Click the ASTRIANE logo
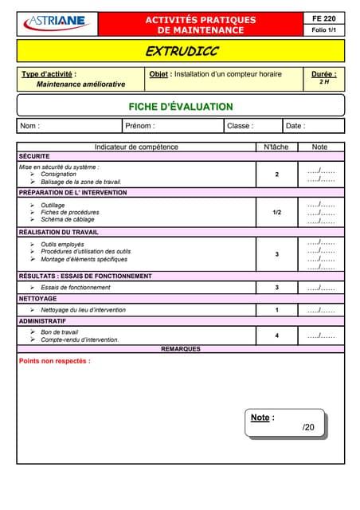click(x=57, y=23)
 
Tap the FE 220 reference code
click(x=323, y=18)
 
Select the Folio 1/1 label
click(x=323, y=30)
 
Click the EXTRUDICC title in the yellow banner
click(x=181, y=52)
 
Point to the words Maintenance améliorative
click(x=80, y=84)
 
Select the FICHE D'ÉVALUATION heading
click(x=181, y=107)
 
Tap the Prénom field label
click(x=140, y=126)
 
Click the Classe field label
click(x=240, y=126)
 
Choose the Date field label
click(x=295, y=126)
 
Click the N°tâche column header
click(x=276, y=147)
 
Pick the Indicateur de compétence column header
click(x=136, y=147)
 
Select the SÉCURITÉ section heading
click(x=34, y=156)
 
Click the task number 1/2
click(x=276, y=213)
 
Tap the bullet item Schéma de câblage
click(x=68, y=220)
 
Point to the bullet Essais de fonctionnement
click(x=76, y=288)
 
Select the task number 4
click(x=276, y=335)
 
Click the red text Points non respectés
click(x=54, y=361)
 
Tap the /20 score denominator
click(x=308, y=428)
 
